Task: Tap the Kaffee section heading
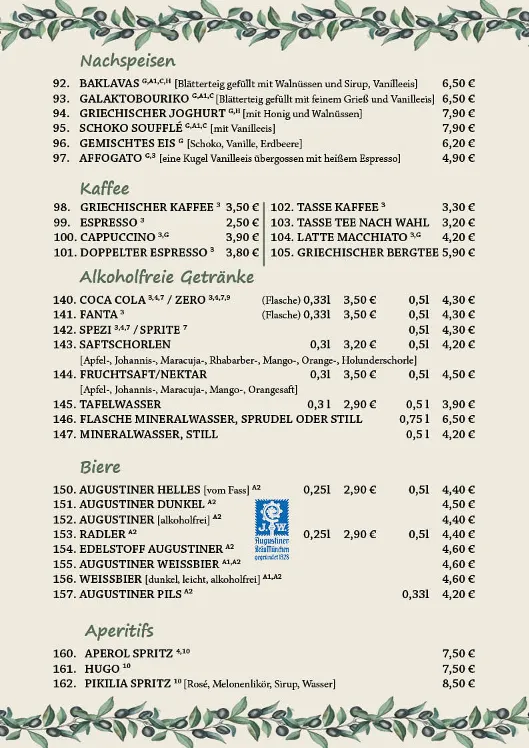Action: pyautogui.click(x=105, y=188)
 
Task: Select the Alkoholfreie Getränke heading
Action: pyautogui.click(x=166, y=277)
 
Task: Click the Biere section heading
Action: pyautogui.click(x=100, y=467)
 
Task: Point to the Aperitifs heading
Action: pyautogui.click(x=119, y=631)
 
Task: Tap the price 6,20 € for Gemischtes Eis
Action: pyautogui.click(x=458, y=144)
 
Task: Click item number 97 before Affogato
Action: pyautogui.click(x=61, y=159)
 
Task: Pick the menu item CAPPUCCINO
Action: pyautogui.click(x=117, y=238)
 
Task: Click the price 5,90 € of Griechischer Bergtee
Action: pyautogui.click(x=458, y=253)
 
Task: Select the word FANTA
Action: pyautogui.click(x=98, y=314)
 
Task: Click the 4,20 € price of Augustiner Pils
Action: pyautogui.click(x=458, y=594)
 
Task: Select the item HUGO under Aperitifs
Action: pyautogui.click(x=99, y=669)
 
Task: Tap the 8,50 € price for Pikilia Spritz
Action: pyautogui.click(x=458, y=684)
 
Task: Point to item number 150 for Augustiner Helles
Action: pyautogui.click(x=64, y=490)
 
